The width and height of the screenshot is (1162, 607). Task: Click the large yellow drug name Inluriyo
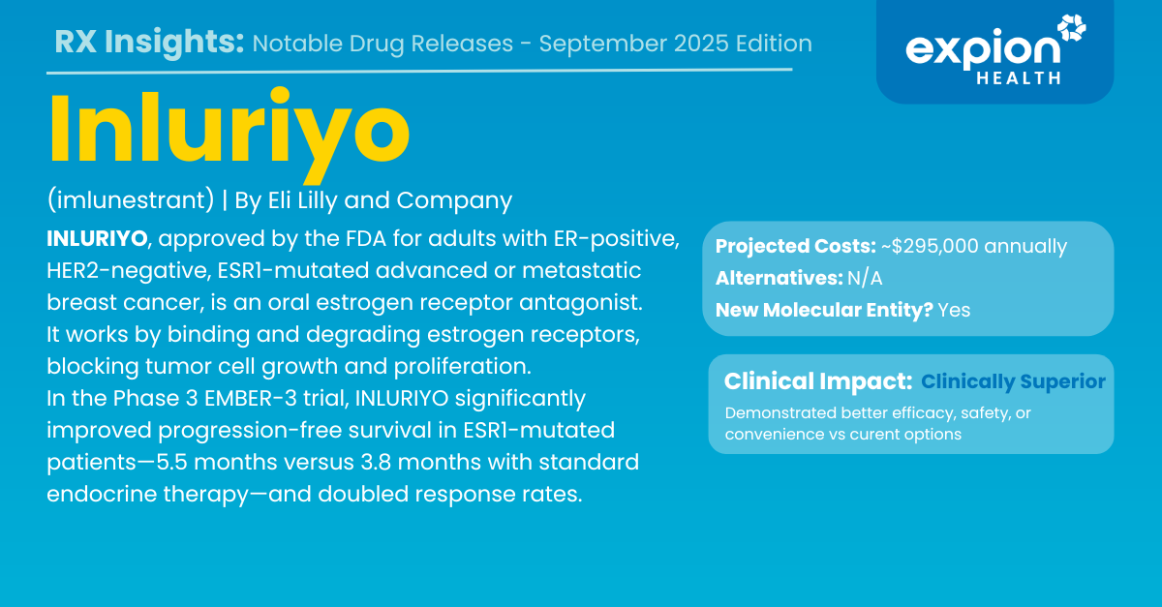(x=229, y=134)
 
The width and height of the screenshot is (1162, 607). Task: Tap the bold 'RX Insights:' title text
(x=149, y=42)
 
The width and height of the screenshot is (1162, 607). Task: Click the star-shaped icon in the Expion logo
(x=1072, y=27)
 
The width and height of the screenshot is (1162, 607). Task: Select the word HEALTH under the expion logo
(x=1019, y=78)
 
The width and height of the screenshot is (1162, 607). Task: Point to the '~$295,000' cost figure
(x=930, y=246)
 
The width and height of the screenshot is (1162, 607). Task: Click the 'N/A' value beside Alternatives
(x=865, y=279)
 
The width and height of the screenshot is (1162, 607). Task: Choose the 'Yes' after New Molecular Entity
(x=954, y=310)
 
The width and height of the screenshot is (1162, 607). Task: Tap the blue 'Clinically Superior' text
(x=1013, y=381)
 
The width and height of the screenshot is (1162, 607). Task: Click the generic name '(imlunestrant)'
(x=130, y=200)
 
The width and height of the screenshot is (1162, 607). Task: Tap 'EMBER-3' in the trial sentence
(x=251, y=399)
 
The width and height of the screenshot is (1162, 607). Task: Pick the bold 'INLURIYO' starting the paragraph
(x=97, y=239)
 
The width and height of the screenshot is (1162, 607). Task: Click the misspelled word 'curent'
(x=879, y=435)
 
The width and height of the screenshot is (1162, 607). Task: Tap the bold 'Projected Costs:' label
(x=796, y=247)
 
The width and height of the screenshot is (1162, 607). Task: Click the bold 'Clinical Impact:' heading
(x=818, y=381)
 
